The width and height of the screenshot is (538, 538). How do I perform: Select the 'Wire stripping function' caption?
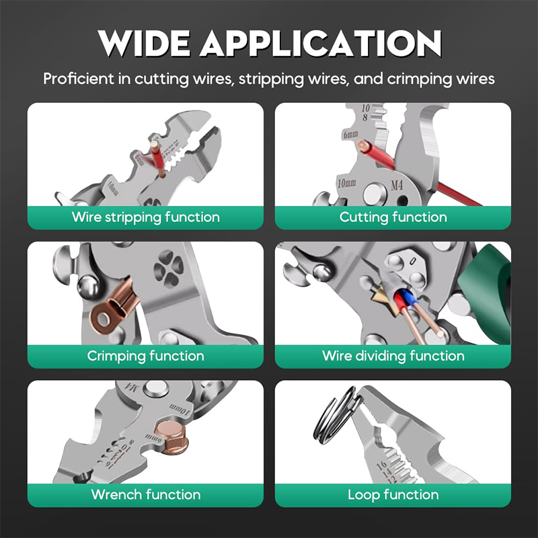click(145, 217)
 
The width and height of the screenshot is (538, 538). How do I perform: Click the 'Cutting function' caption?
click(393, 217)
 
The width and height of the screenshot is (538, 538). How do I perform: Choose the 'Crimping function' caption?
click(145, 356)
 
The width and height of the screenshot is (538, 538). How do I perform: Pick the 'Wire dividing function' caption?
click(393, 356)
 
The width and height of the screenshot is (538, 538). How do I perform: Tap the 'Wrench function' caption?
click(145, 494)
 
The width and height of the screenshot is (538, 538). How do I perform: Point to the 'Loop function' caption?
click(393, 494)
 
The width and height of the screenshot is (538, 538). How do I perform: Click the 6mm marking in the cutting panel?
click(350, 134)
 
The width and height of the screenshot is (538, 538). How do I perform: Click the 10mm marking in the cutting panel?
click(346, 183)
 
